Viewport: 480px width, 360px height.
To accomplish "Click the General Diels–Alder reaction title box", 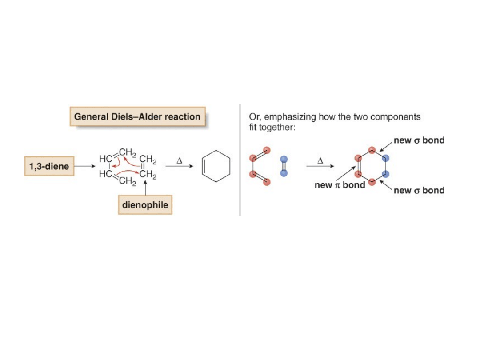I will [137, 117].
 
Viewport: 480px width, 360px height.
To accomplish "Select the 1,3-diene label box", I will [49, 166].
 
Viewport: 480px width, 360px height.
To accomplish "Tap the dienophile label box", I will [145, 205].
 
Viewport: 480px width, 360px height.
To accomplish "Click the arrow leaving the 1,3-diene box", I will [84, 166].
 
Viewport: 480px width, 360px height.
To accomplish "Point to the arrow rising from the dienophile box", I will [145, 188].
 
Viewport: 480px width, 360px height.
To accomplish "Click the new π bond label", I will [340, 185].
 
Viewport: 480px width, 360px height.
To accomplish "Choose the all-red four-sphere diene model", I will [260, 166].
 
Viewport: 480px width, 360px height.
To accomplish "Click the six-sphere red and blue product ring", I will [372, 166].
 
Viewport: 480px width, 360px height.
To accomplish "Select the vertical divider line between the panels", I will [240, 160].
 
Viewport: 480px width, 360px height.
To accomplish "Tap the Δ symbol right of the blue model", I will [320, 160].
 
